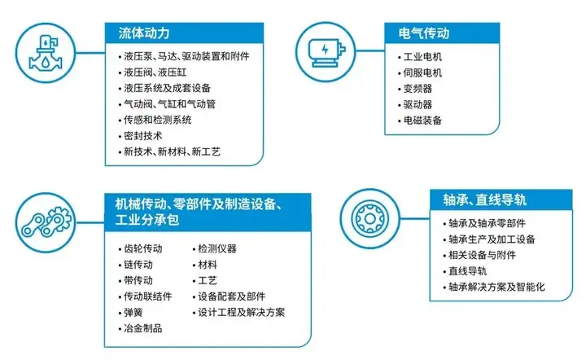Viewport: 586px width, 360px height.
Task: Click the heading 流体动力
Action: click(x=144, y=33)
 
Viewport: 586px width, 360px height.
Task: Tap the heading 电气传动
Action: click(x=424, y=33)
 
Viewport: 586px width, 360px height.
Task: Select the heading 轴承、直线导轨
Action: click(x=485, y=200)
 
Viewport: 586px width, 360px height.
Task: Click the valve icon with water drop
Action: click(x=46, y=53)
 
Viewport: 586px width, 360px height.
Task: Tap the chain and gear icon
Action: click(x=46, y=222)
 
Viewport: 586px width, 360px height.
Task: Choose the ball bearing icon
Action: click(x=370, y=219)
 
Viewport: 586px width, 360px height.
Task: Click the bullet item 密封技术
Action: click(x=142, y=136)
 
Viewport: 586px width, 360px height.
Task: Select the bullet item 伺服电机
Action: click(x=422, y=72)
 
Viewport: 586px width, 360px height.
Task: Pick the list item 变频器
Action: click(x=418, y=89)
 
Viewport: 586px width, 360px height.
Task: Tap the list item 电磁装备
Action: click(x=422, y=121)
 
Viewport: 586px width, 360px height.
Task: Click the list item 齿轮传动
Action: click(x=142, y=248)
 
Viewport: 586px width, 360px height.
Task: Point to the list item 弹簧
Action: click(x=133, y=313)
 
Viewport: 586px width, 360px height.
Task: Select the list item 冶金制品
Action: click(x=142, y=328)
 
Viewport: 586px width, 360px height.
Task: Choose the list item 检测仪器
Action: click(x=217, y=248)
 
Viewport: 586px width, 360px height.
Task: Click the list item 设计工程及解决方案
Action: click(x=242, y=313)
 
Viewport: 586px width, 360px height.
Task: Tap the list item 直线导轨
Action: click(x=467, y=271)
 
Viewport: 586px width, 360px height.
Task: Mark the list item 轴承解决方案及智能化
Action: click(x=496, y=287)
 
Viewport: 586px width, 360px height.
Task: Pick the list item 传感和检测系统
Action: click(x=157, y=120)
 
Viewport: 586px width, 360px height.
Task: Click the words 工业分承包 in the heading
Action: click(x=147, y=219)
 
